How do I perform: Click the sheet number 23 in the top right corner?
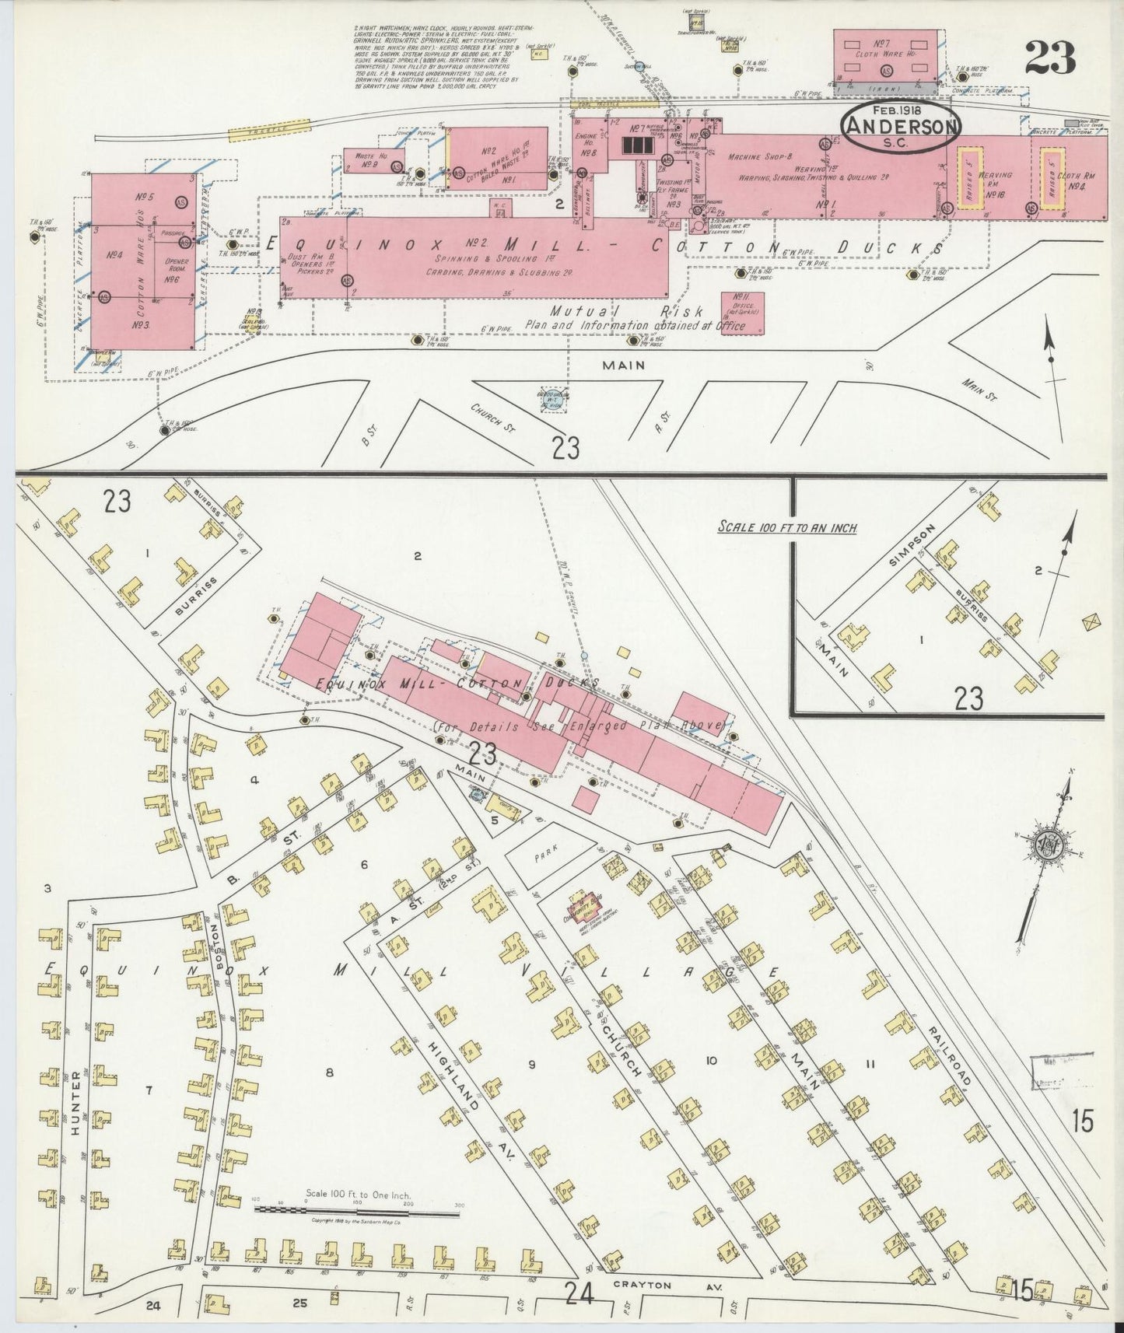click(1049, 58)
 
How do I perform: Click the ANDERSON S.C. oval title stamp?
click(899, 128)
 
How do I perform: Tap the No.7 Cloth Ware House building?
click(884, 57)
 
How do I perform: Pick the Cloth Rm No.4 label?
click(1081, 180)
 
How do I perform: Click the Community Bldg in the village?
click(589, 906)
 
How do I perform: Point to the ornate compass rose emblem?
click(1047, 845)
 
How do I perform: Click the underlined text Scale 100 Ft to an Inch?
click(786, 527)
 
